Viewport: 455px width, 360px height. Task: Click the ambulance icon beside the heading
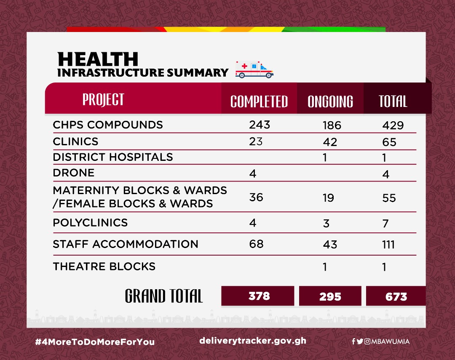[254, 69]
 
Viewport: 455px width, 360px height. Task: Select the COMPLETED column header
[259, 101]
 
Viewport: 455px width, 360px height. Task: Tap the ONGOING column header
[330, 101]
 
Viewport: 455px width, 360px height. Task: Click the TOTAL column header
[393, 101]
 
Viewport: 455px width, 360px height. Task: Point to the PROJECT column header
[103, 99]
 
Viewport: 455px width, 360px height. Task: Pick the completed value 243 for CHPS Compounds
[260, 125]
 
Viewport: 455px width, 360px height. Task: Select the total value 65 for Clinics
[389, 142]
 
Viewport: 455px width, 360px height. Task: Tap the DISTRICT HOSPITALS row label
[113, 157]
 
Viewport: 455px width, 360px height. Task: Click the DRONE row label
[74, 173]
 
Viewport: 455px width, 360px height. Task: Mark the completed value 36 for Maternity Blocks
[256, 197]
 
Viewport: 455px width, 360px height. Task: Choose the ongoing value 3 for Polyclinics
[326, 223]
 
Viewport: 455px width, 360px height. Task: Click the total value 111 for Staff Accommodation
[388, 244]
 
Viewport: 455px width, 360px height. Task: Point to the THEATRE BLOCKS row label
[104, 266]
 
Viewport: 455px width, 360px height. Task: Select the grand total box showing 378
[258, 296]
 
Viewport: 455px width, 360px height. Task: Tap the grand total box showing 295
[330, 296]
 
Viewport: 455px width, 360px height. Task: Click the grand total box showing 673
[396, 296]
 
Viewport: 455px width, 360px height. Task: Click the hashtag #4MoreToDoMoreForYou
[95, 342]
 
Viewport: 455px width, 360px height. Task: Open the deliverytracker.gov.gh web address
[253, 341]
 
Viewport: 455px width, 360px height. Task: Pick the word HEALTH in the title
[98, 59]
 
